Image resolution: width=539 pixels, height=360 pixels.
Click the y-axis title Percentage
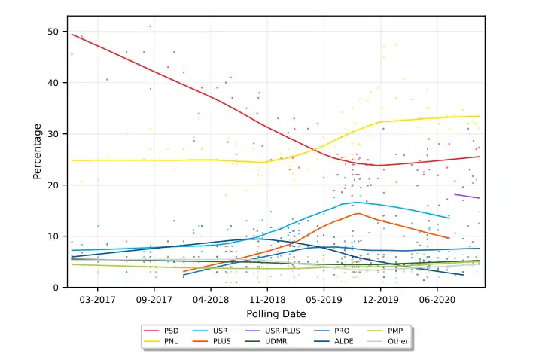(37, 151)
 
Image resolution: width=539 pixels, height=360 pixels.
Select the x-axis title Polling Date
(276, 313)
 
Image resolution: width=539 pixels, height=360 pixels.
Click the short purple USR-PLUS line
(467, 196)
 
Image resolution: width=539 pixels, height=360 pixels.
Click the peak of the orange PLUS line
(358, 213)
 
